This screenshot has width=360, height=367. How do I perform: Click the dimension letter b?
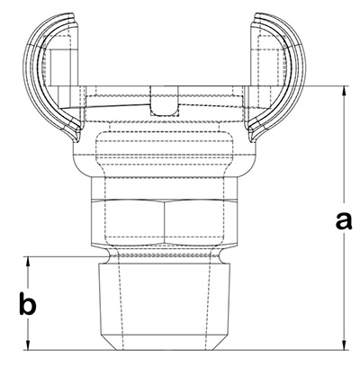pos(28,304)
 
